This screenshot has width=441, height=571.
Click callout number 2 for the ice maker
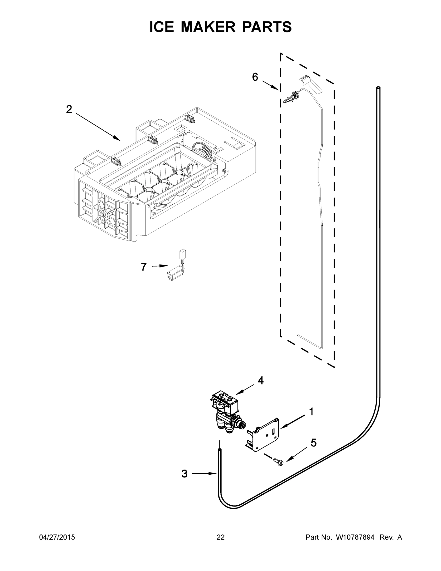click(x=69, y=109)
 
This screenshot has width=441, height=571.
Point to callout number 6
click(x=255, y=77)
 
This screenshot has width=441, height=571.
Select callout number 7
click(x=144, y=267)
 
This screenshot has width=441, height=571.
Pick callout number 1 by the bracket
click(x=311, y=412)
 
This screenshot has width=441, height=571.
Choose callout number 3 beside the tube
click(x=184, y=473)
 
